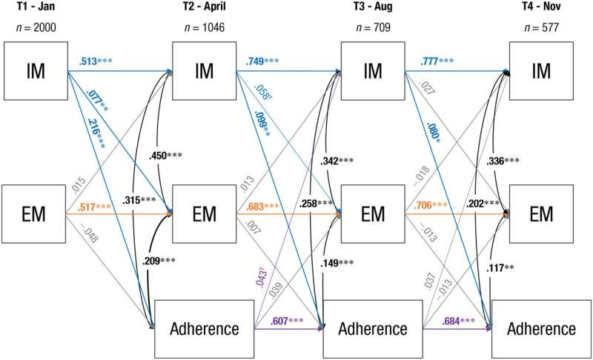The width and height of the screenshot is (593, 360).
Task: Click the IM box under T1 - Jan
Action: coord(36,71)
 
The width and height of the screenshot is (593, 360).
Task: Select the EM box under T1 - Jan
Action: coord(33,214)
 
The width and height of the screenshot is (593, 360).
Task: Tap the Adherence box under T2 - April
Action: coord(205,329)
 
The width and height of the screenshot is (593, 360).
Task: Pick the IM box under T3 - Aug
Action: coord(373,71)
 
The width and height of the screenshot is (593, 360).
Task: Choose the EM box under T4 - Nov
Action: coord(541,214)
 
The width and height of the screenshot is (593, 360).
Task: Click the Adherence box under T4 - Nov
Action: coord(541,329)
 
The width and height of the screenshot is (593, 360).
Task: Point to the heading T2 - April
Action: coord(205,7)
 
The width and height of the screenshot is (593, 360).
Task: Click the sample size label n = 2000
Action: coord(36,27)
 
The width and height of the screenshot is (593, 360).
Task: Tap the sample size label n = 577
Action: coord(541,27)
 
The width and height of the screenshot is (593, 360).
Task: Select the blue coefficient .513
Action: coord(87,61)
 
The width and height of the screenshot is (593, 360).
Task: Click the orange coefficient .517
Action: coord(87,207)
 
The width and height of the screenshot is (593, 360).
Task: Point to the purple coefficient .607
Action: coord(279,321)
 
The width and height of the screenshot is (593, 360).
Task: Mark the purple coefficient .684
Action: coord(451,321)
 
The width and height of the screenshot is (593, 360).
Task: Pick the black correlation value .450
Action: coord(158,156)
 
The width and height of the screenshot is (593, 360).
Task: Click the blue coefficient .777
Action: coord(429,61)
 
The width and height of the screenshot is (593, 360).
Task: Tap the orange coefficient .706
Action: coord(423,205)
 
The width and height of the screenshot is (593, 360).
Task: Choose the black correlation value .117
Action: coord(495,268)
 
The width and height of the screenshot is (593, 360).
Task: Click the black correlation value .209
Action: coord(151,261)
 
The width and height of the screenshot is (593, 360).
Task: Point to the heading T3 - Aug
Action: coord(373,7)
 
